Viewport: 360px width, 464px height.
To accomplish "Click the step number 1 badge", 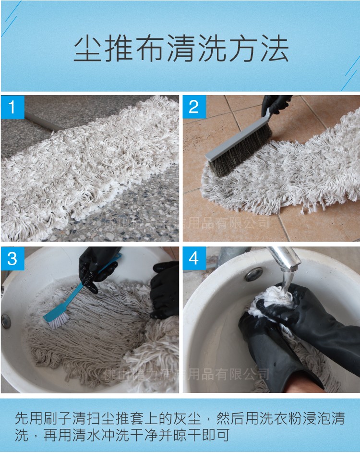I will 12,107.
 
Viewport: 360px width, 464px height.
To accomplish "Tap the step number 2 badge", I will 194,107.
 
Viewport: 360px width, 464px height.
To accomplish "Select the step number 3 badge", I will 12,258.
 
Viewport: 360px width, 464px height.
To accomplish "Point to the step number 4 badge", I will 194,258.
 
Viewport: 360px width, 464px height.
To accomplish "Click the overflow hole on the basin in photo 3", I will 6,321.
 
